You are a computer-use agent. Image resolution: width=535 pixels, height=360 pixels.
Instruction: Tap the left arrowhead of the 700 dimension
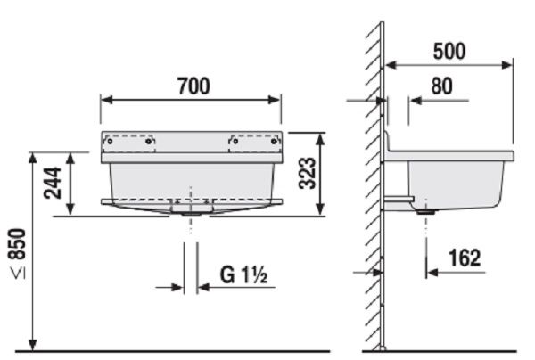point(105,100)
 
